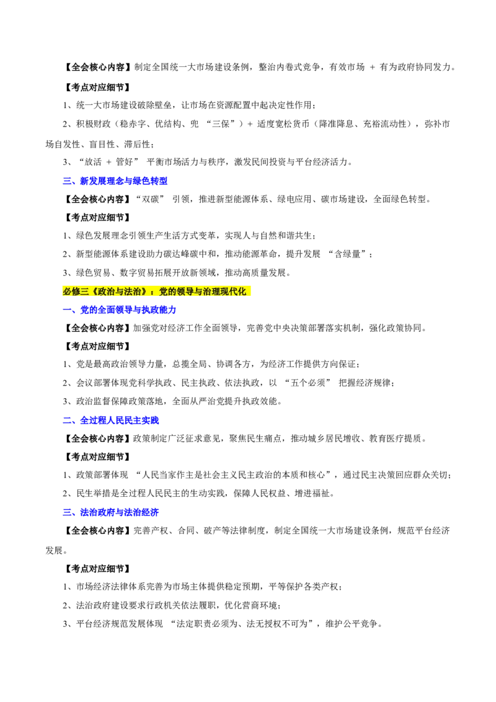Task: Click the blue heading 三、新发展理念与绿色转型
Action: [115, 181]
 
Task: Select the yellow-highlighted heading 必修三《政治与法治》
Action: [105, 291]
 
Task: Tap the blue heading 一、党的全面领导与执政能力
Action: [120, 310]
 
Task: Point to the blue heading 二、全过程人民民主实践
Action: [110, 420]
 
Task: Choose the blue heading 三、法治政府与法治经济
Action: [110, 513]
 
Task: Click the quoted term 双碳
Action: [151, 199]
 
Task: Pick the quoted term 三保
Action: [221, 124]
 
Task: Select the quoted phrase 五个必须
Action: [308, 383]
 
